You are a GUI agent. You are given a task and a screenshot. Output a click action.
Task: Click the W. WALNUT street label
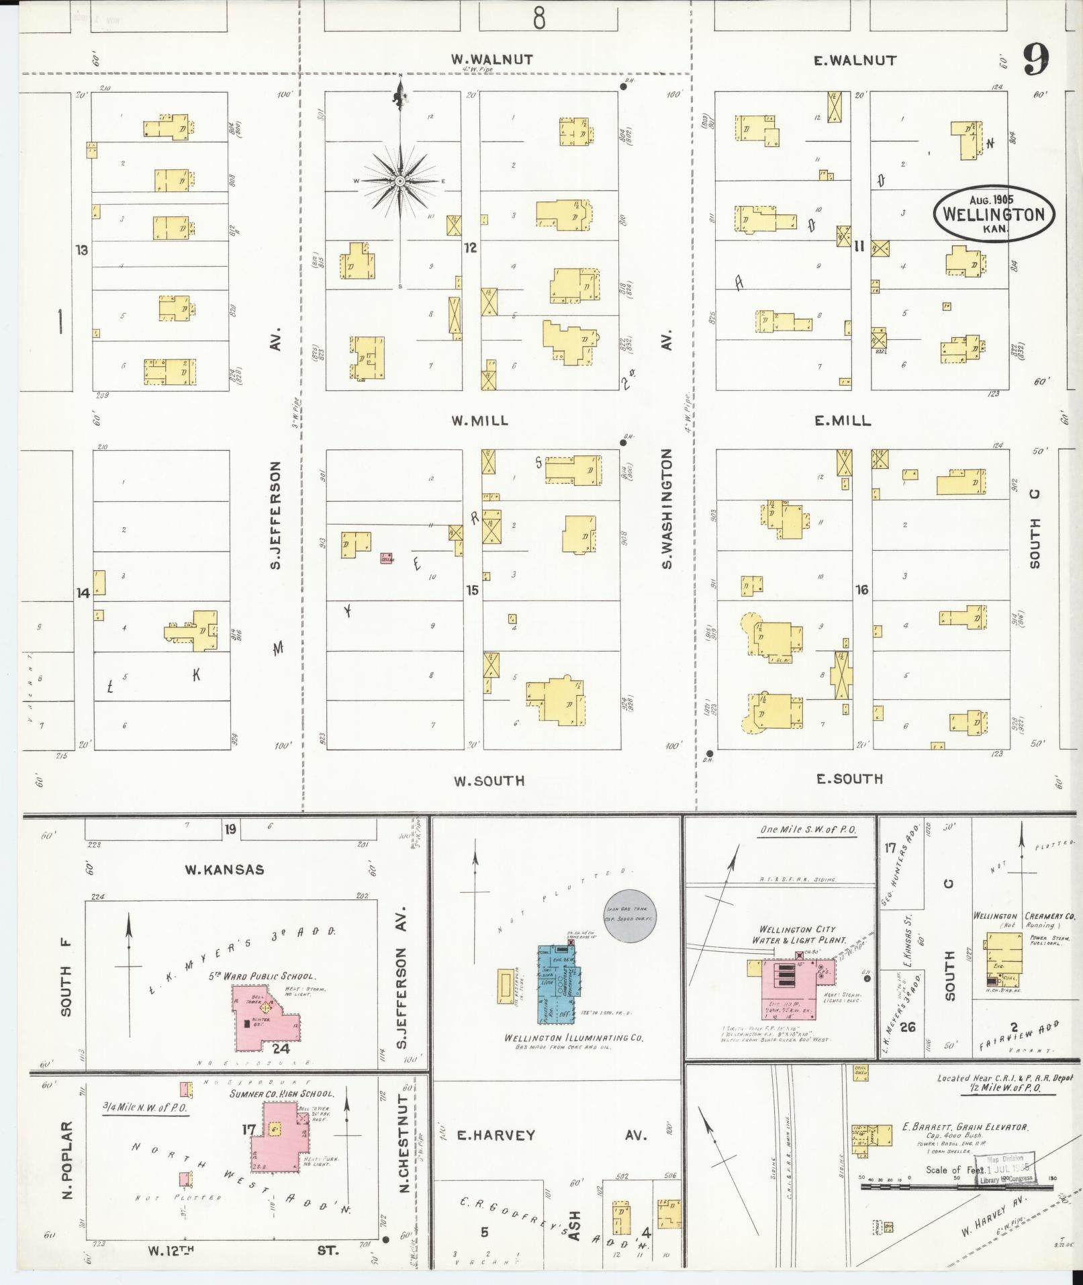click(x=492, y=60)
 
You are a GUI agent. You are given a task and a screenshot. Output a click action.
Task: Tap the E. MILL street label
click(x=843, y=421)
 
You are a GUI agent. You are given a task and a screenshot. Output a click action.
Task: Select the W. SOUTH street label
click(x=489, y=781)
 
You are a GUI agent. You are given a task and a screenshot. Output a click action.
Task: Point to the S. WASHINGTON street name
click(x=667, y=509)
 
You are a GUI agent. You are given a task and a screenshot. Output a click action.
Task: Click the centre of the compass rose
click(x=399, y=181)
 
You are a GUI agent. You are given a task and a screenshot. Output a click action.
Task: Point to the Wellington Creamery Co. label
click(x=1024, y=916)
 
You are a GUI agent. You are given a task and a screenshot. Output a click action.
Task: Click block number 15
click(x=473, y=590)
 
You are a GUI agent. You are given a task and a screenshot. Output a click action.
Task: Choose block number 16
click(x=861, y=590)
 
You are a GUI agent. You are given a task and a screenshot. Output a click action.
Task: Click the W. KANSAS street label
click(x=224, y=870)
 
